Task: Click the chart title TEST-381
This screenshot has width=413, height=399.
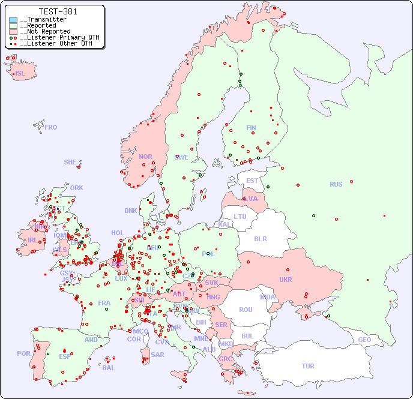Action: pos(58,11)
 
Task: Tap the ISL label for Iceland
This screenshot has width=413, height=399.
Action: pos(20,74)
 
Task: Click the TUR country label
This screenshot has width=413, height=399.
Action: pos(308,366)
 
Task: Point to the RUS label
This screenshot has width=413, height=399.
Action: pos(336,184)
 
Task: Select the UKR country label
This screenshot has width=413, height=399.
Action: pos(285,280)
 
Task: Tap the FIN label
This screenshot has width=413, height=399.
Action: pos(251,128)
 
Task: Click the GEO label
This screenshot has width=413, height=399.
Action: pos(364,340)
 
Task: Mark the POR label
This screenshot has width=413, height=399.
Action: pos(23,353)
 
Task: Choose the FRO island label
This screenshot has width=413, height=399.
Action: pos(51,127)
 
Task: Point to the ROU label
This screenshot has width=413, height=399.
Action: pos(246,310)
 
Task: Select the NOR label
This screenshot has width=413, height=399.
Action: pos(145,157)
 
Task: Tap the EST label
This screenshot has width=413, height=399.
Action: pos(252,181)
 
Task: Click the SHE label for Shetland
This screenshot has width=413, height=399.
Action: pos(70,162)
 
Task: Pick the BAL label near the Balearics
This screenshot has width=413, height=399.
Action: pos(109,368)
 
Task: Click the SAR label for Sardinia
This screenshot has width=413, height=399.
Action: pos(157,355)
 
